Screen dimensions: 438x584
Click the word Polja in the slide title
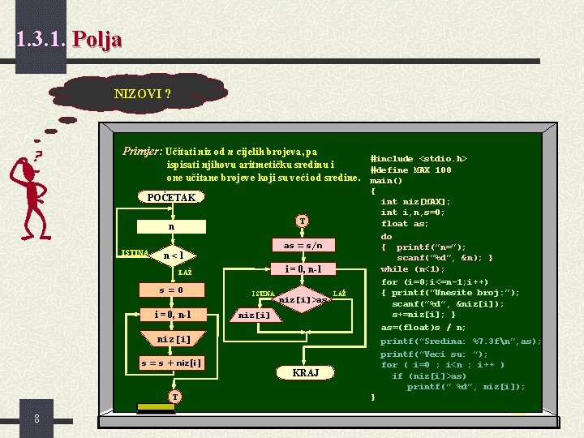coord(97,39)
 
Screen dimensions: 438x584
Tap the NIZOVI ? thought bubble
coord(143,93)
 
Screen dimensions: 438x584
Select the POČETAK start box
coord(171,197)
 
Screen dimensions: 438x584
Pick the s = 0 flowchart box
coord(171,290)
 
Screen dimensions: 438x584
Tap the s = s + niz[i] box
coord(171,363)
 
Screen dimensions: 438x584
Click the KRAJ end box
coord(305,372)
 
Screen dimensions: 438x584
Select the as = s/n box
coord(303,245)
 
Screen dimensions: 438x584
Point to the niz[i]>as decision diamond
coord(303,299)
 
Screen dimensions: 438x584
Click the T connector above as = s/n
coord(302,221)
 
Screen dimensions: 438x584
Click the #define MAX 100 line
coord(410,170)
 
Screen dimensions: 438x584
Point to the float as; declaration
coord(405,224)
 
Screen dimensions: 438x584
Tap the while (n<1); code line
coord(413,269)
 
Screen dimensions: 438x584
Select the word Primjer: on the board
coord(142,151)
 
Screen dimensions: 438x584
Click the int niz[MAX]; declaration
coord(415,201)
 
